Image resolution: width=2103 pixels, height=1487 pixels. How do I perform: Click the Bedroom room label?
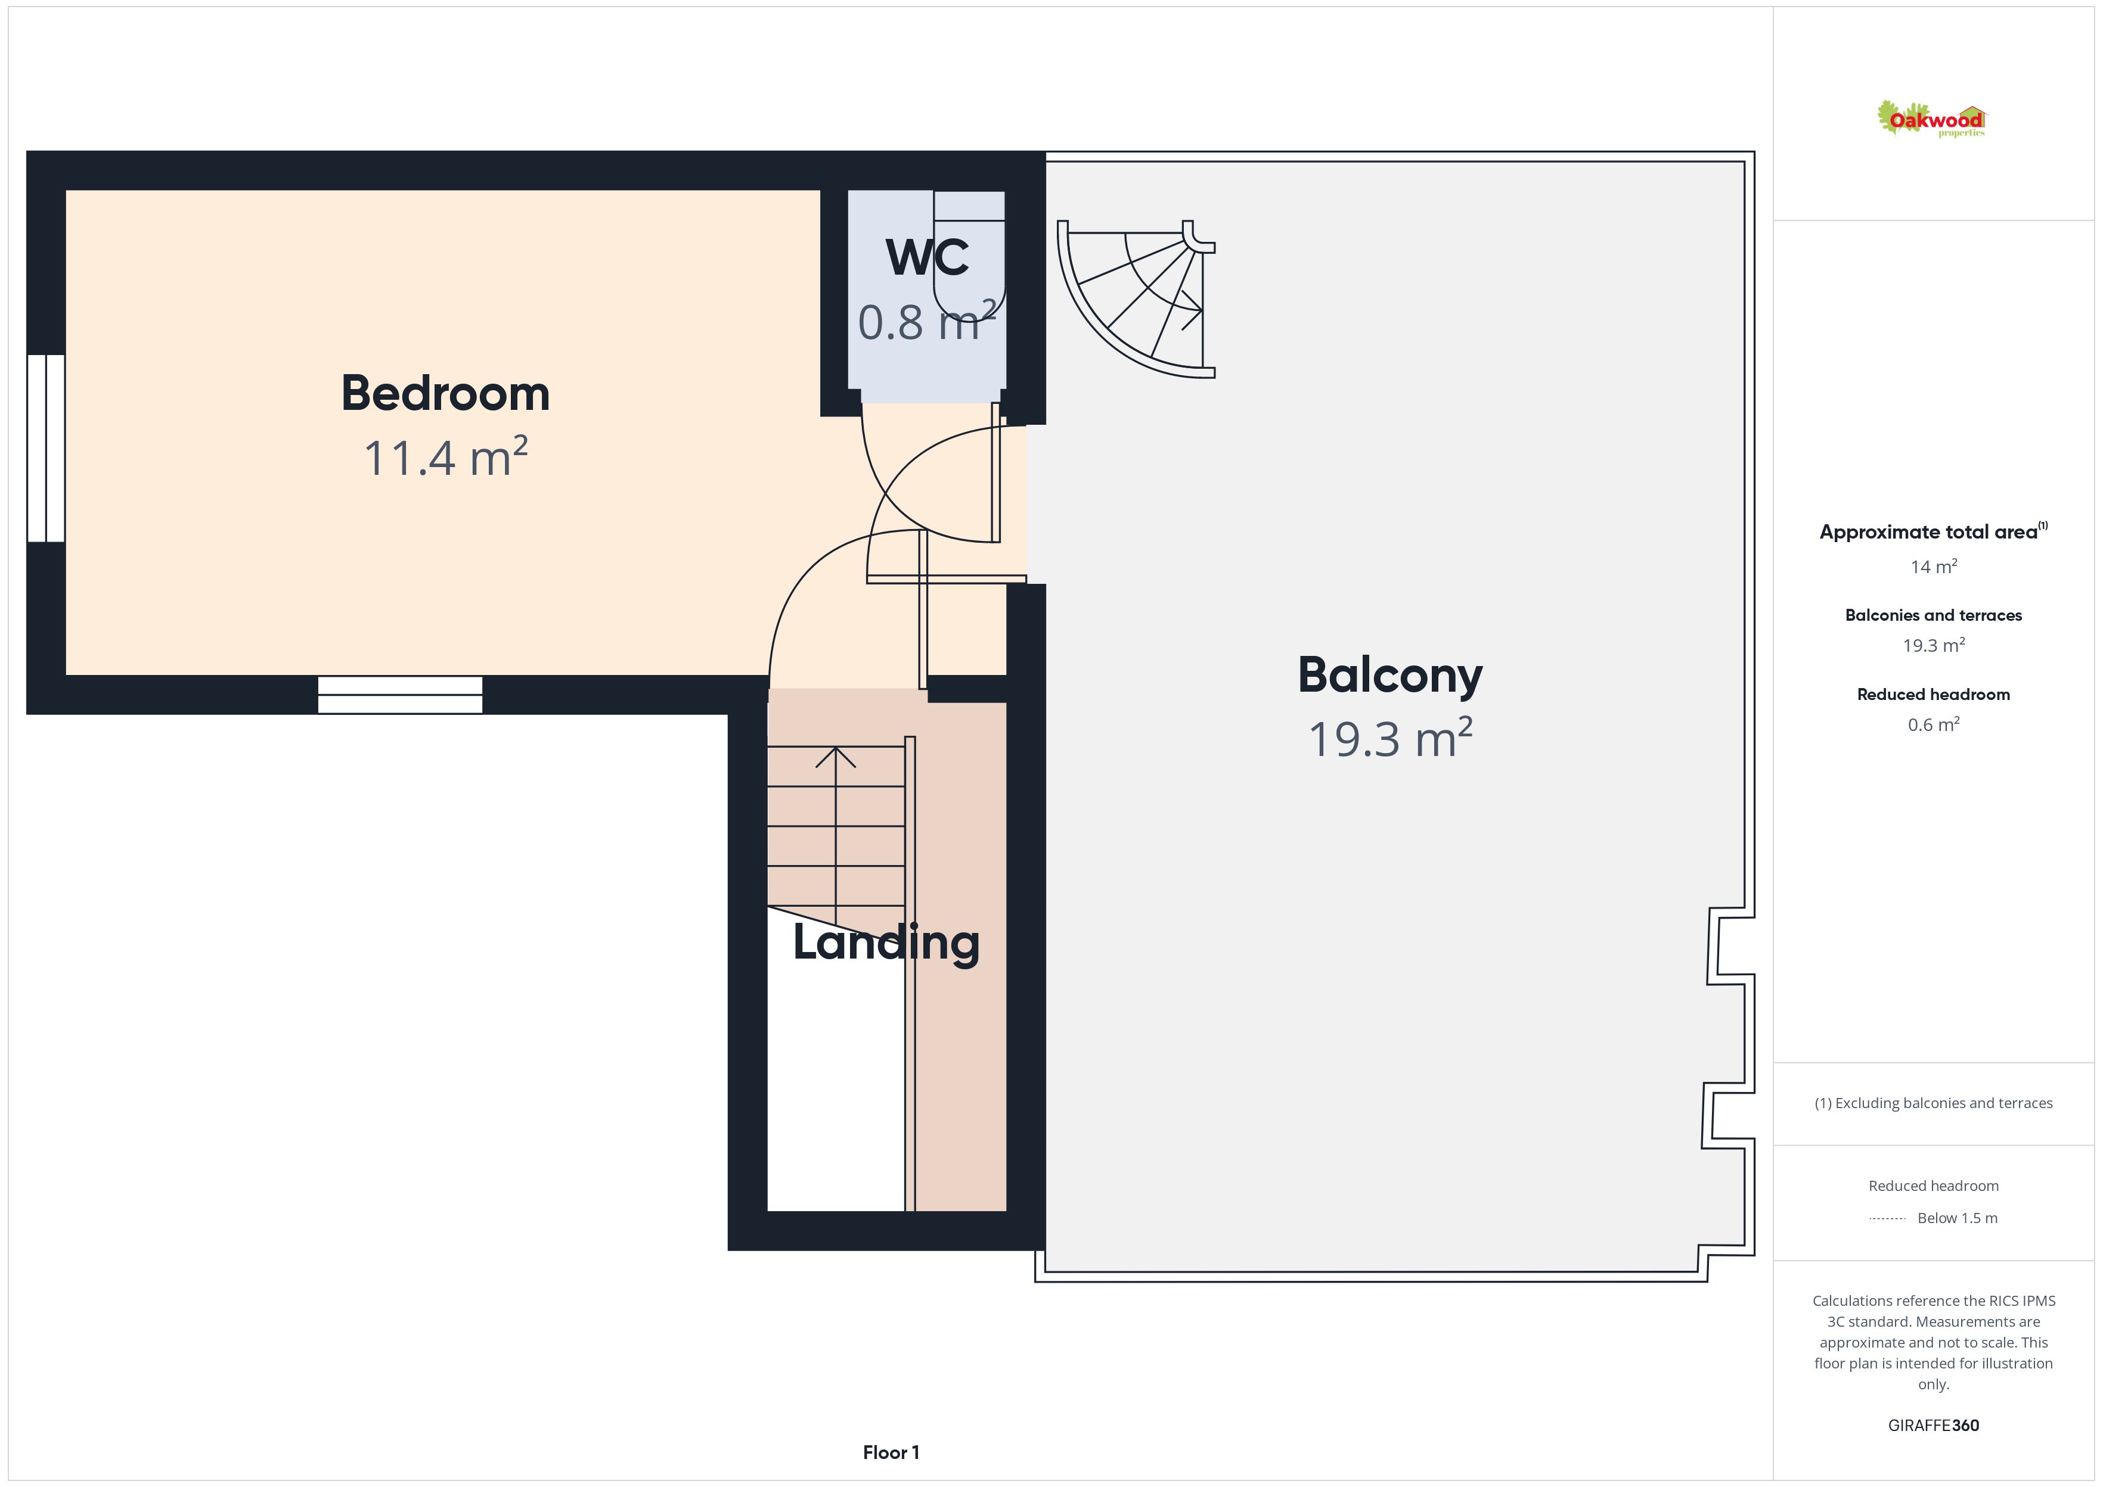(445, 394)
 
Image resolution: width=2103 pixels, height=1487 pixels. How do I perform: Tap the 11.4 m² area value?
(445, 457)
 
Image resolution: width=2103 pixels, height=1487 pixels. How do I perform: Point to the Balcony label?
(1389, 676)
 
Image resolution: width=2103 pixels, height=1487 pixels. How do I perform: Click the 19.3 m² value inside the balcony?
(1389, 738)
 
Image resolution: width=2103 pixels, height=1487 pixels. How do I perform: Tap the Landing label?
(886, 943)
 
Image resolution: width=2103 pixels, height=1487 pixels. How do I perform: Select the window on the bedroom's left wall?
(46, 448)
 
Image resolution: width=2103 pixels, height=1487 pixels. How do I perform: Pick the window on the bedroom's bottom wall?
(400, 695)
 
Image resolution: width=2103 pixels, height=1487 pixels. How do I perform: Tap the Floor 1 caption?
(891, 1452)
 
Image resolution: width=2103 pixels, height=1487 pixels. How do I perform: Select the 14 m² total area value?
(1934, 567)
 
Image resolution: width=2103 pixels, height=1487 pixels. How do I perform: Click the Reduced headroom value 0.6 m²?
(1934, 724)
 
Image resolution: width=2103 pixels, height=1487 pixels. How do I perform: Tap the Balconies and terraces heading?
(1934, 615)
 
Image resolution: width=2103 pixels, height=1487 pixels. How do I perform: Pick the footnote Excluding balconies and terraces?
(1934, 1103)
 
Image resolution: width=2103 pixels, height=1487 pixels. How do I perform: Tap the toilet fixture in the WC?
(969, 252)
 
